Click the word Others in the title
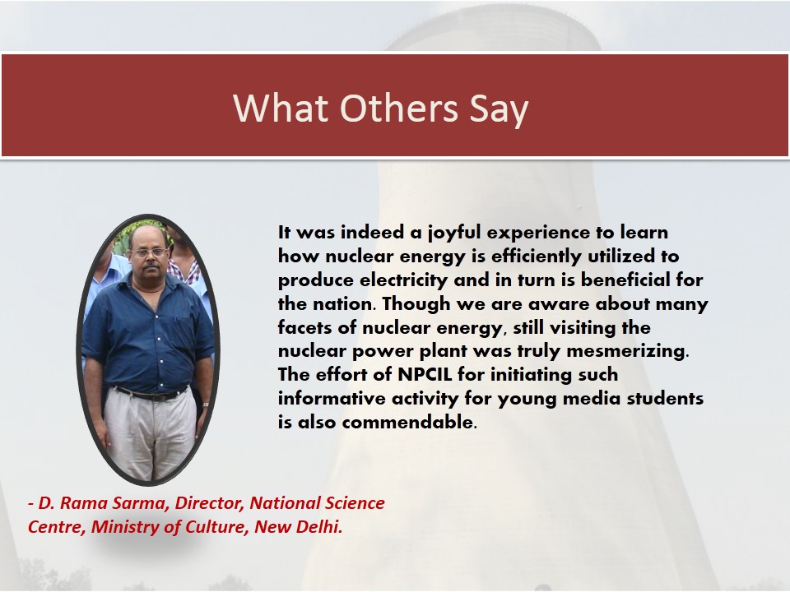[398, 108]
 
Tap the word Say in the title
[499, 109]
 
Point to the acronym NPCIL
[427, 375]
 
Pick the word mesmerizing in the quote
[627, 351]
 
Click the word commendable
[409, 422]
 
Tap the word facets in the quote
[304, 328]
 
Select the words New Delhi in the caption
[298, 526]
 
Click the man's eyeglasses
[149, 252]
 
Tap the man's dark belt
[150, 394]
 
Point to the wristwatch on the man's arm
[206, 405]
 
